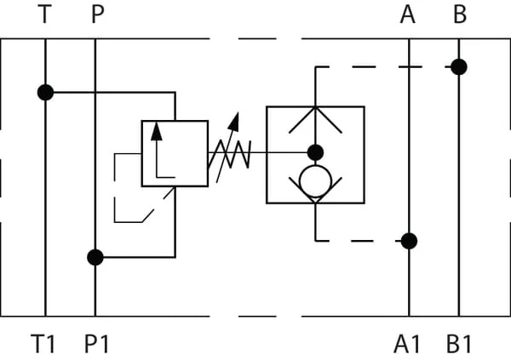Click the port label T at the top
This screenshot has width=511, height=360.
tap(44, 14)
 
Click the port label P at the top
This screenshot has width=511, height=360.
tap(98, 14)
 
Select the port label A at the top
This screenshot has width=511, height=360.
tap(407, 14)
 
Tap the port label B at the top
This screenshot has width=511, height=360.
tap(460, 14)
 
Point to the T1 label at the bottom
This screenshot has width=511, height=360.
tap(43, 344)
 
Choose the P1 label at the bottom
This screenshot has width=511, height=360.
tap(96, 344)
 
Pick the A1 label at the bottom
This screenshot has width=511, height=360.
tap(407, 344)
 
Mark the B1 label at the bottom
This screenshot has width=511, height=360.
tap(459, 344)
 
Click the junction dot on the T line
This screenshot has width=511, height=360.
tap(46, 93)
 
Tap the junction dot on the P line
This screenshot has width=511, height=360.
tap(95, 257)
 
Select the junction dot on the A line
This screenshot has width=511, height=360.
tap(409, 241)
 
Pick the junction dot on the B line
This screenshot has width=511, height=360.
tap(459, 67)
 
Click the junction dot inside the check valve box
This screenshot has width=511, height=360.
tap(315, 152)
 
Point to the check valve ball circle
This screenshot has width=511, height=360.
tap(315, 166)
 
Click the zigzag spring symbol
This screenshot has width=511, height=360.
tap(230, 154)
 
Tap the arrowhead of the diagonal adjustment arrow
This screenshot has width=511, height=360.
tap(234, 122)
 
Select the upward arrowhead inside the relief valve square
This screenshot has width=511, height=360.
tap(157, 132)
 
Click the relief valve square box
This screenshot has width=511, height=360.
tap(141, 153)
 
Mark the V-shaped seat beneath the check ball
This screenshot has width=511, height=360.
tap(315, 203)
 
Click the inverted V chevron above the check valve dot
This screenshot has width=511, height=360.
tap(315, 108)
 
